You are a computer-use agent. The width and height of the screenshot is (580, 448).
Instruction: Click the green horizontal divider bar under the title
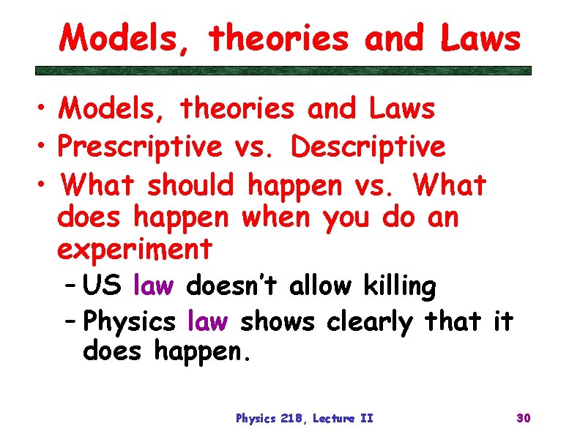tap(284, 71)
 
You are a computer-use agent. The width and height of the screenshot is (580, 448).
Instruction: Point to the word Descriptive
tap(368, 146)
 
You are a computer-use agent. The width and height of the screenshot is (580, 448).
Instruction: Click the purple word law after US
tap(153, 286)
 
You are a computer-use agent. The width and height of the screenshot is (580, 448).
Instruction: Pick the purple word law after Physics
tap(208, 321)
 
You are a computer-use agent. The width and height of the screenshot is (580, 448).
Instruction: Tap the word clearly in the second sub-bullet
tap(370, 321)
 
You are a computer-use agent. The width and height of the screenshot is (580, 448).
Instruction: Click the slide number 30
tap(523, 418)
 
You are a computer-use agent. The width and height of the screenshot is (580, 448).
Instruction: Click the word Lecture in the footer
tap(335, 419)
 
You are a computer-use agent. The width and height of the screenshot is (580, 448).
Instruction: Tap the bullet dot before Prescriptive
tap(42, 147)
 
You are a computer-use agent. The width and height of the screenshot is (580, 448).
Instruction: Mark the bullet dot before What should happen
tap(42, 186)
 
